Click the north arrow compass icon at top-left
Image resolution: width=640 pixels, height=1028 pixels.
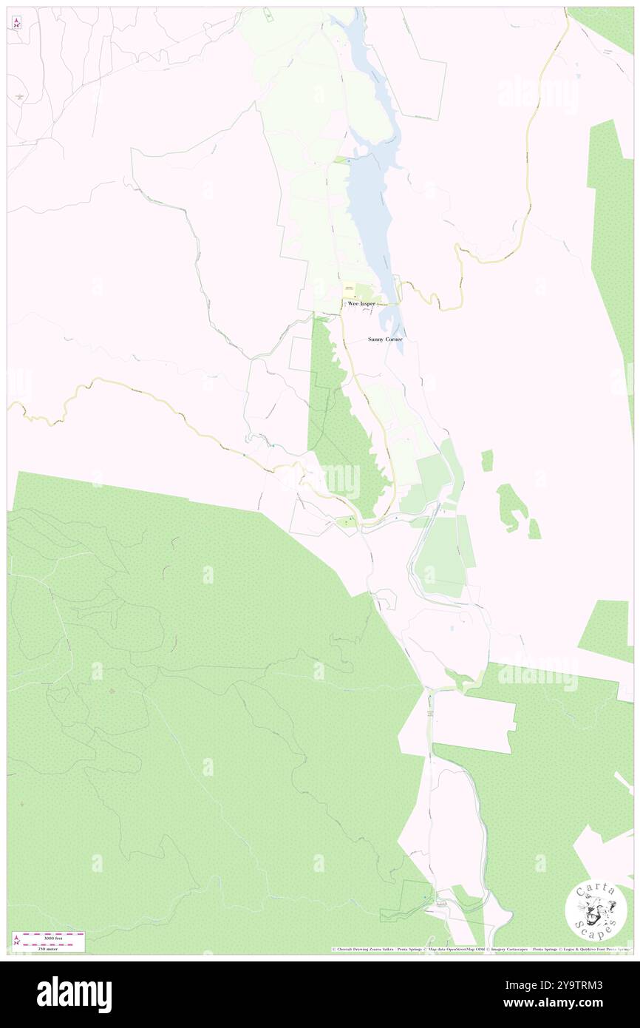point(17,23)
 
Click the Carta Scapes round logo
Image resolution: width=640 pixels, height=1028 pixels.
point(596,911)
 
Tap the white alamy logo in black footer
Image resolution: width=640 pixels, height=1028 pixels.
point(74,995)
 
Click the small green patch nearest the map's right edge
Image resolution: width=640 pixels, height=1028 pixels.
point(534,529)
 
